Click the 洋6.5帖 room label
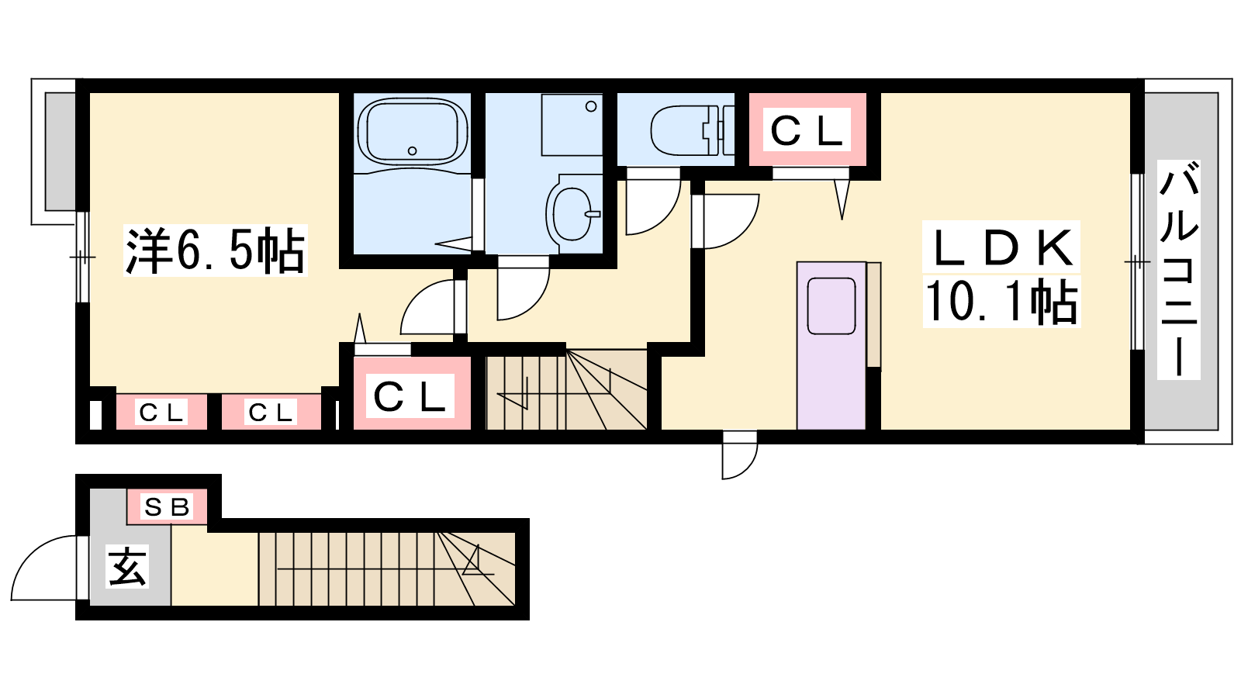click(x=215, y=251)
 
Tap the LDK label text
click(x=1001, y=247)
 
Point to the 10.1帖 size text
click(x=1001, y=302)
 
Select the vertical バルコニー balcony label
click(x=1179, y=269)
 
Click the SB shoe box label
click(x=167, y=506)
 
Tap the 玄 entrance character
click(x=127, y=566)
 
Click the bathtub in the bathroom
click(x=412, y=132)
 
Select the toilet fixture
click(x=692, y=131)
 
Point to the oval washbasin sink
click(x=573, y=213)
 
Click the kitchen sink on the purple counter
click(x=831, y=306)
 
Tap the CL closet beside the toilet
click(x=807, y=130)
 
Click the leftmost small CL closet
click(x=161, y=412)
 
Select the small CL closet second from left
click(x=271, y=412)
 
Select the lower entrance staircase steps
click(x=387, y=569)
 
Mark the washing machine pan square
click(x=572, y=125)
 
